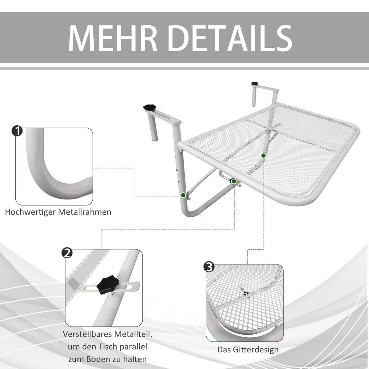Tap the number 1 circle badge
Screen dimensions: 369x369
coord(17,131)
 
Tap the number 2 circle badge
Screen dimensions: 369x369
coord(67,253)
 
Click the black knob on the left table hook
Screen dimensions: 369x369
coord(150,107)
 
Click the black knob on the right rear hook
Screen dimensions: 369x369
coord(255,83)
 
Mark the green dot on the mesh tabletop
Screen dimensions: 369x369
coord(263,156)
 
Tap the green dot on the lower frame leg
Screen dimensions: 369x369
coord(183,195)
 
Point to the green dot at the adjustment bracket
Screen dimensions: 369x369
coord(234,181)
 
